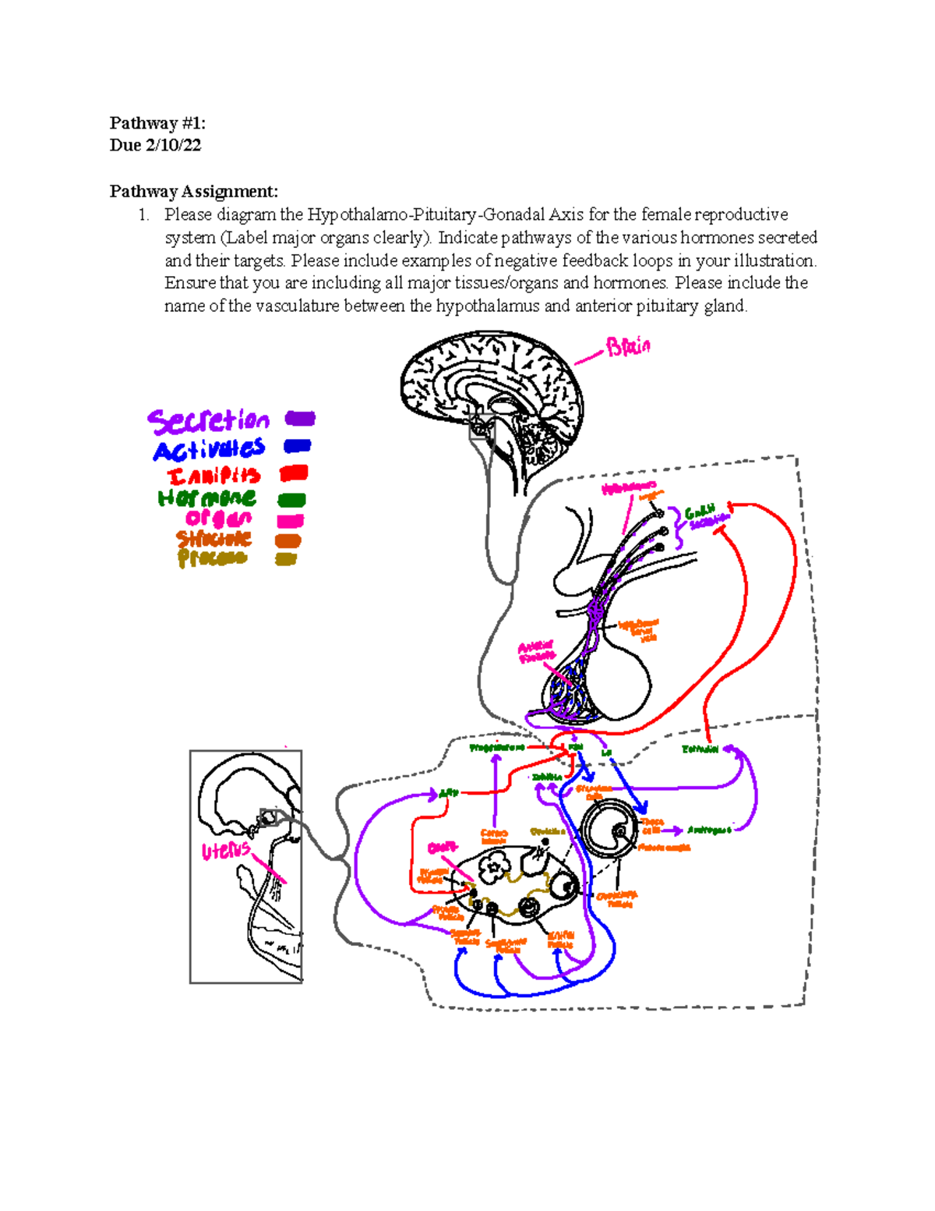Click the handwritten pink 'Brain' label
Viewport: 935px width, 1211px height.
pos(628,346)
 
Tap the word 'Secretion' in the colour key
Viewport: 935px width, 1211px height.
pos(208,421)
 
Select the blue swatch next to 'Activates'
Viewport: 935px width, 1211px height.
pos(298,446)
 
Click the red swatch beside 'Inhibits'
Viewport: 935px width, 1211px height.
pos(294,473)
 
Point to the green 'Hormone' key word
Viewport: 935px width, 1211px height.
pos(206,498)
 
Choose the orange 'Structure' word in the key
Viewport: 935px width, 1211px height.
pos(213,539)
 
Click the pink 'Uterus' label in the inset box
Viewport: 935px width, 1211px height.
pos(226,851)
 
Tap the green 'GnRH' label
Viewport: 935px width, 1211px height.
pos(699,512)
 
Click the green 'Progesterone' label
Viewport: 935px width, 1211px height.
pos(496,748)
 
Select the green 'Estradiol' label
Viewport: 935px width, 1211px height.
pos(700,749)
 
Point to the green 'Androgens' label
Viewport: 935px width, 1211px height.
pos(709,830)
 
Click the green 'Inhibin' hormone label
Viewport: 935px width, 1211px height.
pos(547,777)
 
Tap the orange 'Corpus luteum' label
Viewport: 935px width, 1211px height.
pos(494,837)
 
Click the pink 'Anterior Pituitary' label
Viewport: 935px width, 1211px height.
pos(536,651)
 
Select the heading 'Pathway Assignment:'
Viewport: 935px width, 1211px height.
pos(193,191)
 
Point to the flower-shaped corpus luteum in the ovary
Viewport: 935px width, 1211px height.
pos(492,866)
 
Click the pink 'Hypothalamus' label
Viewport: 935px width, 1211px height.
pos(628,488)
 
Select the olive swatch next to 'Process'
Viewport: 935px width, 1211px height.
pos(286,558)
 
